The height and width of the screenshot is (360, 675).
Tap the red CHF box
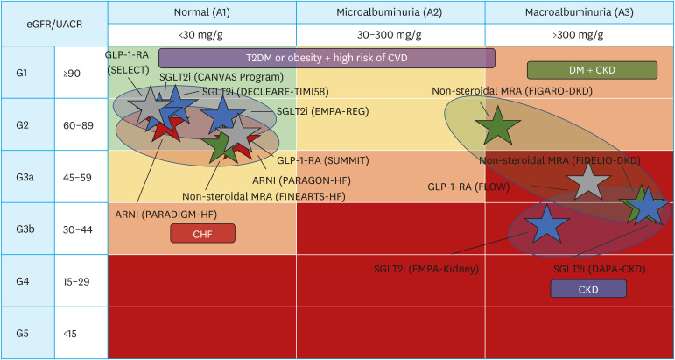(203, 233)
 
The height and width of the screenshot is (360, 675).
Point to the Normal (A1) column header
(201, 12)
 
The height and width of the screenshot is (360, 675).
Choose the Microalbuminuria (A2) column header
(389, 12)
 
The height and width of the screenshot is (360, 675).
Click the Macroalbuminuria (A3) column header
(577, 12)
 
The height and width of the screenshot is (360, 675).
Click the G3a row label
(27, 177)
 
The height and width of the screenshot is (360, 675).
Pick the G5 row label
(27, 333)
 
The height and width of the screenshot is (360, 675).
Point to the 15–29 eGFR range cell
(81, 281)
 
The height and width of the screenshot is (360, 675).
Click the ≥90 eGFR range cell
(81, 74)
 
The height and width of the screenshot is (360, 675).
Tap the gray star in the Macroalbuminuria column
(587, 181)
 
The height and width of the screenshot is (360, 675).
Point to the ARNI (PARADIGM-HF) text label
(166, 214)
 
